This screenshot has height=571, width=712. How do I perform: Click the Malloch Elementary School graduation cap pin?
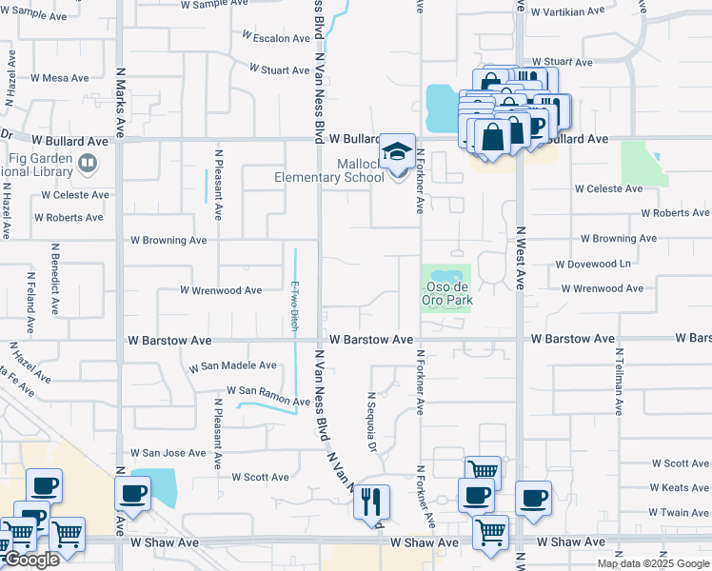(398, 153)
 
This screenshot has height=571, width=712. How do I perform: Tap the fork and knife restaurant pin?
(371, 501)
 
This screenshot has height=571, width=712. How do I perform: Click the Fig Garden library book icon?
(87, 164)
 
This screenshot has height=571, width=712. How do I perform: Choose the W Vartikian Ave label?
(567, 12)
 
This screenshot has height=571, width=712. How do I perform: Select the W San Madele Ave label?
(233, 366)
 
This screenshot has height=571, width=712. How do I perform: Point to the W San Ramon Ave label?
(268, 391)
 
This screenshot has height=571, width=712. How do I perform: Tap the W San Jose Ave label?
(168, 453)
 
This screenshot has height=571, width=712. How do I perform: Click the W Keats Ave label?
(680, 487)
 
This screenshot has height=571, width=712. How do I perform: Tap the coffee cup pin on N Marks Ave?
(131, 494)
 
